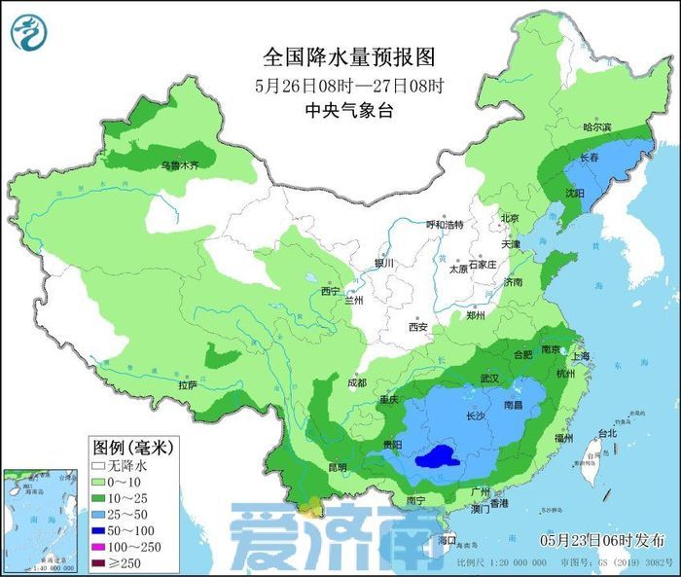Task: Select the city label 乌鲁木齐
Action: (x=179, y=166)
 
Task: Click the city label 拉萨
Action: (x=188, y=385)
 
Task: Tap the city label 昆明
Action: (x=338, y=467)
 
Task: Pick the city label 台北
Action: (x=606, y=433)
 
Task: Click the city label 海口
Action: (x=447, y=538)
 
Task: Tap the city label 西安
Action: (x=418, y=327)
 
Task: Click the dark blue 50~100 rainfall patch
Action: (x=434, y=455)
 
